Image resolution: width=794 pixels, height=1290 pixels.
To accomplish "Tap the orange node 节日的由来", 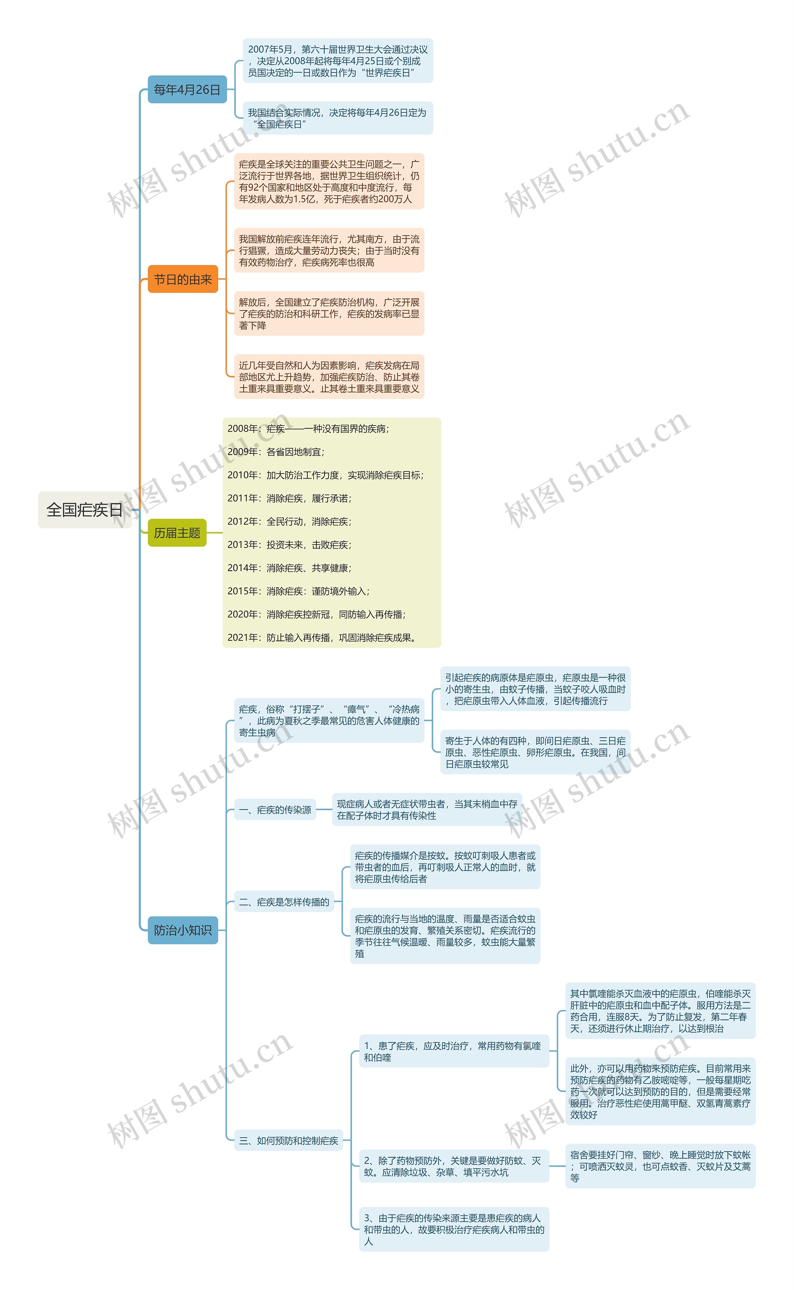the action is pyautogui.click(x=182, y=279).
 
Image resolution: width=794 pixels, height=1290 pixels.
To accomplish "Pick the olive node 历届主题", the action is pyautogui.click(x=177, y=533).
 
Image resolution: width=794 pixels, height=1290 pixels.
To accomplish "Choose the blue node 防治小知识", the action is pyautogui.click(x=182, y=930).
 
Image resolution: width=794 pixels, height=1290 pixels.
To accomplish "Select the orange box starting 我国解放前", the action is pyautogui.click(x=329, y=250).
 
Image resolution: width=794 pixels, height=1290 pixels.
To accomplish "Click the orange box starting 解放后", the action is pyautogui.click(x=329, y=314).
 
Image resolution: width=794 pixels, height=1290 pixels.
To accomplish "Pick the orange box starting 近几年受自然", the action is pyautogui.click(x=329, y=377).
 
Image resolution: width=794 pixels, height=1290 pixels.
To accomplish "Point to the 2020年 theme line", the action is pyautogui.click(x=316, y=614).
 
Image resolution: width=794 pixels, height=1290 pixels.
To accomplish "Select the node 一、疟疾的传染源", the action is pyautogui.click(x=275, y=810).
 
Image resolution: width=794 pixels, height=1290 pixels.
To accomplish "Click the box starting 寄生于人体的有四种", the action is pyautogui.click(x=535, y=752).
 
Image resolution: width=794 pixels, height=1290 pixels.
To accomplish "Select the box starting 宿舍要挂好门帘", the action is pyautogui.click(x=660, y=1166).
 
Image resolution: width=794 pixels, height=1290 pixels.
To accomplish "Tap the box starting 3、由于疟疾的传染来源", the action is pyautogui.click(x=454, y=1229).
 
